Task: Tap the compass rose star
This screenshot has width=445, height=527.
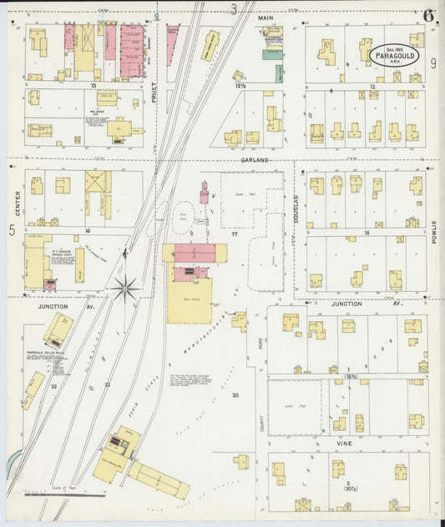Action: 125,289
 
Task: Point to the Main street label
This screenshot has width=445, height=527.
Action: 266,17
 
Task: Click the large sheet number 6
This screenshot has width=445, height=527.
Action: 428,16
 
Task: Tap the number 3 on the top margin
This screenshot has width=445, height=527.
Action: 234,9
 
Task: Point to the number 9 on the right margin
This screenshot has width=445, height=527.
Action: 433,63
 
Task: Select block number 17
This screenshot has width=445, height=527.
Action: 235,234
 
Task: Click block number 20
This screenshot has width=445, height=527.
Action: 235,394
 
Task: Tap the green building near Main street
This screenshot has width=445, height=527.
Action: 273,55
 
